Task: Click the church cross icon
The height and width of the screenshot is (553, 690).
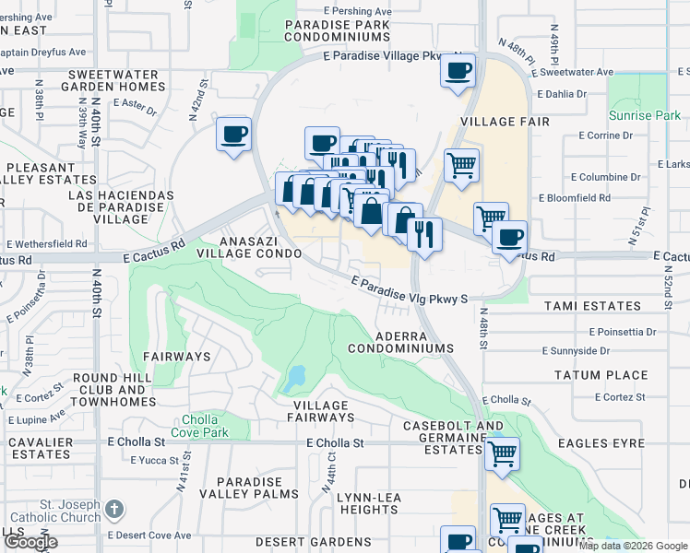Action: point(113,509)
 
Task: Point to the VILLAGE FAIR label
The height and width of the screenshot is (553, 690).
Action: point(505,122)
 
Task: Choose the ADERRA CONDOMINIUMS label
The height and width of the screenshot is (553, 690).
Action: point(400,342)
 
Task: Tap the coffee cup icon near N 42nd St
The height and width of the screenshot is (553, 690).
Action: point(233,135)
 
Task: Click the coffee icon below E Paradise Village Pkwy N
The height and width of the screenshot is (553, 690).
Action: point(458,70)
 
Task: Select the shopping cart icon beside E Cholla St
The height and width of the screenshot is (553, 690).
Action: point(501,453)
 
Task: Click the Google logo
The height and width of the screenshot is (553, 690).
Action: point(30,542)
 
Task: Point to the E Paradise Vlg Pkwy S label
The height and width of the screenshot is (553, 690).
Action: point(410,289)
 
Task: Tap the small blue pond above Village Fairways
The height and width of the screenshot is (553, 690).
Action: point(295,378)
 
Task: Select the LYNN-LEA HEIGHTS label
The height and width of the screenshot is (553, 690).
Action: point(368,503)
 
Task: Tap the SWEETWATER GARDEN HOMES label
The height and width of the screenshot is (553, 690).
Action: point(114,81)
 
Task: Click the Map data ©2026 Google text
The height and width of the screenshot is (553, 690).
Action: point(633,546)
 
